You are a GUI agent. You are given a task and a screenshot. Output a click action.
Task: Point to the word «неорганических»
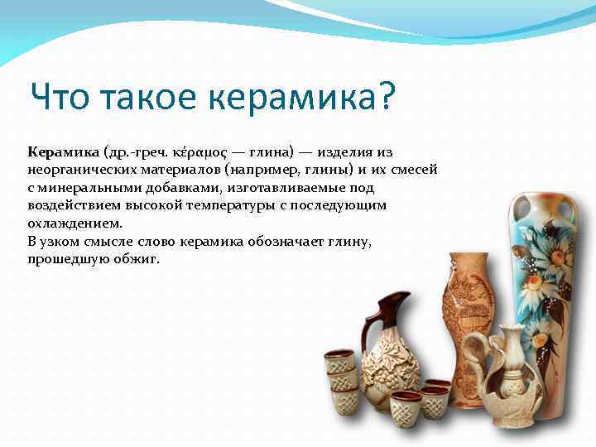click(x=79, y=171)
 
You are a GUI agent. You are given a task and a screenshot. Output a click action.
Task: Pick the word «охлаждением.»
click(x=74, y=223)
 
